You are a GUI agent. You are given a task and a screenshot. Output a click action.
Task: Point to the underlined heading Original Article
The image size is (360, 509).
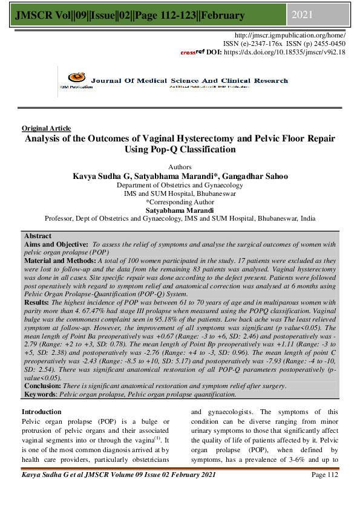(x=46, y=128)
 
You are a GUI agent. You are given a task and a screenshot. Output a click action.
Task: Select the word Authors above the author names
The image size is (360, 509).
(x=180, y=166)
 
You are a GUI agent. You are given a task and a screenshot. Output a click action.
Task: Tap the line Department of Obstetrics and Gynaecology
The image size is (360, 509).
(x=180, y=185)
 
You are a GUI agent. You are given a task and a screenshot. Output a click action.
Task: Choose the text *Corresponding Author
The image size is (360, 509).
(x=180, y=202)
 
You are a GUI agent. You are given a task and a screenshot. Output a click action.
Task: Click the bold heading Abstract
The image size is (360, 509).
(x=38, y=236)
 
